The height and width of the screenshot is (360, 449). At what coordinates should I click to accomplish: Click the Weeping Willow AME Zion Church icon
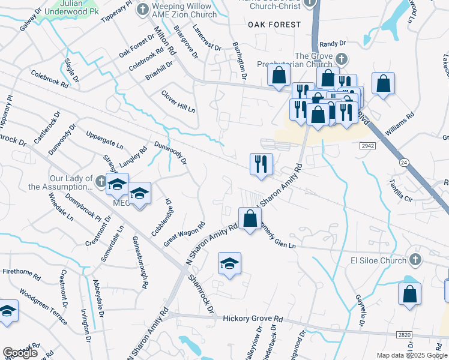[142, 10]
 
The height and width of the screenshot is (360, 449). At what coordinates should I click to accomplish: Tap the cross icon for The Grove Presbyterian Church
[342, 59]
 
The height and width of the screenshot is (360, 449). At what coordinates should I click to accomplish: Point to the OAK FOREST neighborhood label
[274, 25]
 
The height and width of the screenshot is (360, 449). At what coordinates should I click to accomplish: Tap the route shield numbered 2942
[368, 146]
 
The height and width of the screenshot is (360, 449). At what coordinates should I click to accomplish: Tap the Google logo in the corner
[19, 353]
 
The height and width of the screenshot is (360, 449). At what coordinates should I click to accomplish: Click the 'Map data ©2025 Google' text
[411, 355]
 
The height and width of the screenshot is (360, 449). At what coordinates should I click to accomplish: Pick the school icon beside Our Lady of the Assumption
[117, 184]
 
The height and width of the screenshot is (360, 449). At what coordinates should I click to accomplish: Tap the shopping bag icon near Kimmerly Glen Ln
[249, 218]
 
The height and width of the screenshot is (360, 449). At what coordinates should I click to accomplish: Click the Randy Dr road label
[333, 44]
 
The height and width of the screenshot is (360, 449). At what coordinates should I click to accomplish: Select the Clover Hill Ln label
[178, 102]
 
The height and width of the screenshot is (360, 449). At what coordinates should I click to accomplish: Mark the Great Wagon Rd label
[184, 234]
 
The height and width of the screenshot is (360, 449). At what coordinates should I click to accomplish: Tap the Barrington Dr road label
[240, 61]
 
